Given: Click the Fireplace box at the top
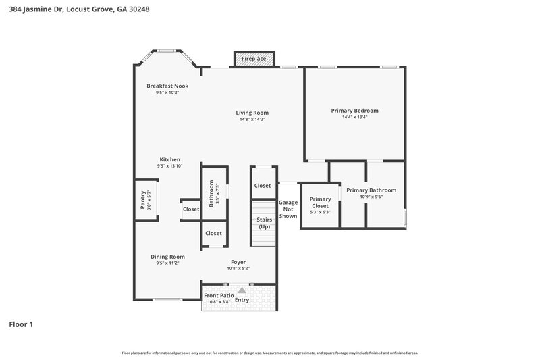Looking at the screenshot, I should (254, 59).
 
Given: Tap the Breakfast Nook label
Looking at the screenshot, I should (167, 86).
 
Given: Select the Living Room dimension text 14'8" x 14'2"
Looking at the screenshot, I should (252, 120).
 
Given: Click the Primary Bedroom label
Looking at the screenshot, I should (354, 110).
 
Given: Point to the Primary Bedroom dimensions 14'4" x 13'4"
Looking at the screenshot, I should (354, 117).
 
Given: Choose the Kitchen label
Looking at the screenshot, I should (169, 159).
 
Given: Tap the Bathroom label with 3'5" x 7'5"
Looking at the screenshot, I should (212, 192).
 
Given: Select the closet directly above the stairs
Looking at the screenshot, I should (262, 186).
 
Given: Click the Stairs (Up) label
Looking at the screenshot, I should (264, 223).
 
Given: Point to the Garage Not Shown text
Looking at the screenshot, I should (288, 209).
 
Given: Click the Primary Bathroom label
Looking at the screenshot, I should (371, 190).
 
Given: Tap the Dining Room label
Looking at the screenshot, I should (167, 257).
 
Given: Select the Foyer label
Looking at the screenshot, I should (238, 262).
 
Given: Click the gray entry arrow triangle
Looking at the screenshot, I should (242, 290).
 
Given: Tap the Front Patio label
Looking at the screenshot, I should (219, 295).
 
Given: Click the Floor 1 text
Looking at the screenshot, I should (21, 324).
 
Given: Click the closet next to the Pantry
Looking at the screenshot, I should (190, 209).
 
